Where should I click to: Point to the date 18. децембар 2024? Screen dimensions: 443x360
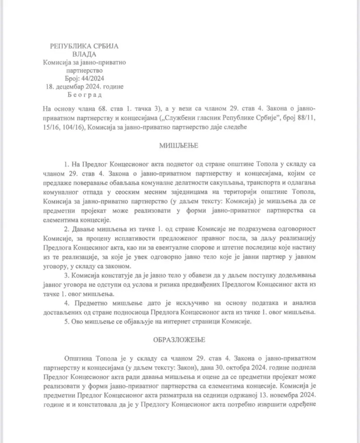(x=72, y=87)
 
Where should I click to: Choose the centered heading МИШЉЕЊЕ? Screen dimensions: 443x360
(x=179, y=145)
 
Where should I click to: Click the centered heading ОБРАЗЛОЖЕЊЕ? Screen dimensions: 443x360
(x=179, y=340)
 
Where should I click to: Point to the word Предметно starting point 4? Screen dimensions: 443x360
(x=91, y=304)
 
